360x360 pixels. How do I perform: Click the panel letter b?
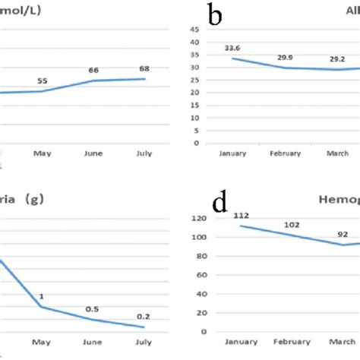(215, 15)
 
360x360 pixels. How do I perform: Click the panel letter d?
(220, 203)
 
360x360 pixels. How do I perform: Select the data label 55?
(43, 80)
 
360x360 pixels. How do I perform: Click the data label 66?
(93, 70)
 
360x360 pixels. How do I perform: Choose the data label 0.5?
(93, 308)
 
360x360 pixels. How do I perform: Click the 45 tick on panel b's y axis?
(195, 30)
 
